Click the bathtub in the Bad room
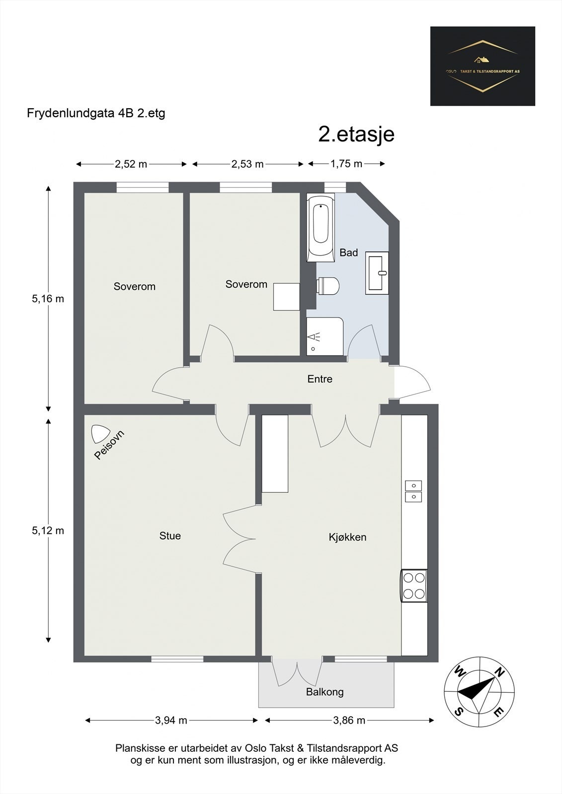coord(321,227)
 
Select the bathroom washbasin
coord(377,273)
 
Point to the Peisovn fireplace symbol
coord(100,434)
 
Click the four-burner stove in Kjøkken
coord(414,586)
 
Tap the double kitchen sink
coord(413,491)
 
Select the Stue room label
coord(170,536)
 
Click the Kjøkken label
coord(347,537)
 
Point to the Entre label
coord(320,379)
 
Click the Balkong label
coord(324,692)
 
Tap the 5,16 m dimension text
coord(48,299)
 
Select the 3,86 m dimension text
coord(349,721)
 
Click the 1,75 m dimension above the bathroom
coord(346,164)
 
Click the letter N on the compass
coord(499,673)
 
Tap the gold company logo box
coord(482,66)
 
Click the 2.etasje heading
coord(356,134)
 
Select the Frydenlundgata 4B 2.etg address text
coord(96,113)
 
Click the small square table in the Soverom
coord(286,297)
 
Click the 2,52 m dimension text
coord(131,164)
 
